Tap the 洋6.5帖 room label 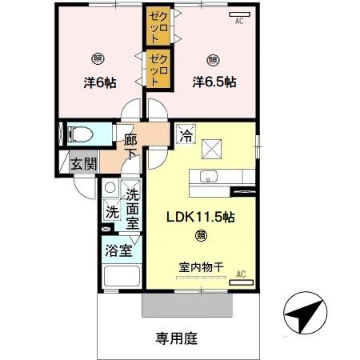214,82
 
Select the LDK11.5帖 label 199,215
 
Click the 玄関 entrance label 83,164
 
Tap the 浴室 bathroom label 118,250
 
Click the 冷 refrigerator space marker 186,135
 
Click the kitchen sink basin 210,178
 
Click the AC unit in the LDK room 239,278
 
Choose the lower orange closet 157,68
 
